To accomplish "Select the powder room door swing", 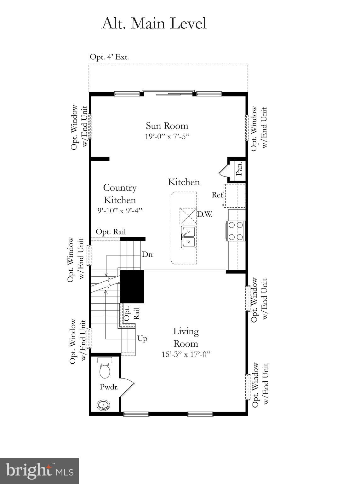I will [127, 386].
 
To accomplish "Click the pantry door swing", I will [224, 170].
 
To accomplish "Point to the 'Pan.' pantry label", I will [239, 169].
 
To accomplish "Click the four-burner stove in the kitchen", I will [236, 231].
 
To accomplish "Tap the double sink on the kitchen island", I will [188, 237].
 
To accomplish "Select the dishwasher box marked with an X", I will [187, 216].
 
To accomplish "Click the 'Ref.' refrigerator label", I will [218, 195].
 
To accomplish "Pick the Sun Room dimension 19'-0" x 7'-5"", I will [167, 136].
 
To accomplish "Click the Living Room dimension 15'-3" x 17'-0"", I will [186, 354].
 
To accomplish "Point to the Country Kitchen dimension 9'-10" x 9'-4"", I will [120, 210].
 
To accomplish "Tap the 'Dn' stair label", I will [147, 254].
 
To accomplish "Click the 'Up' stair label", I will [142, 339].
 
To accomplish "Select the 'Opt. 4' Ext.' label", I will [109, 57].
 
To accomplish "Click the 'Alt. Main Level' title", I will [154, 24].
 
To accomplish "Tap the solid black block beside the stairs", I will [132, 286].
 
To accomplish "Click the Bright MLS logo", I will [39, 471].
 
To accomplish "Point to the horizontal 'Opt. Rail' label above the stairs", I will [111, 232].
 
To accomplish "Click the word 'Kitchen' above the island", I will [184, 182].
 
